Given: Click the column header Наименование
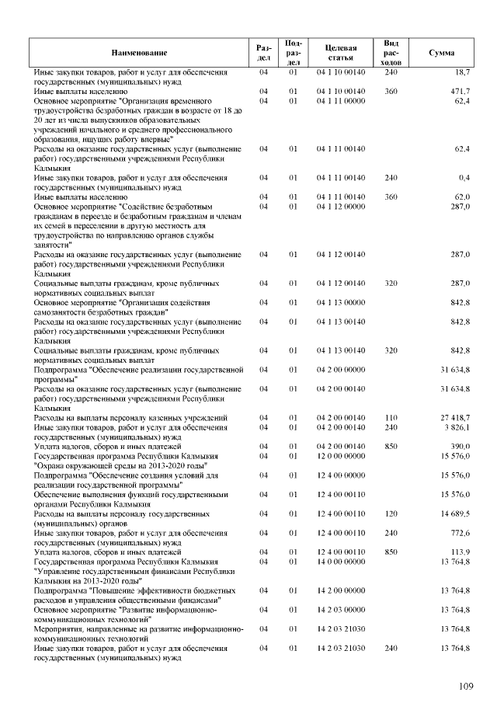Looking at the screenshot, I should click(139, 52).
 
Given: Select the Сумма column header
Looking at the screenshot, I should click(441, 52).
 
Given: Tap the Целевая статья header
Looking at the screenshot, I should click(341, 52).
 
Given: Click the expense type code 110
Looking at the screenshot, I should click(391, 418).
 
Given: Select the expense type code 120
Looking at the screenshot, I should click(391, 513).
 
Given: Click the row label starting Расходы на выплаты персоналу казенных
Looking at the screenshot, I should click(130, 418).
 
